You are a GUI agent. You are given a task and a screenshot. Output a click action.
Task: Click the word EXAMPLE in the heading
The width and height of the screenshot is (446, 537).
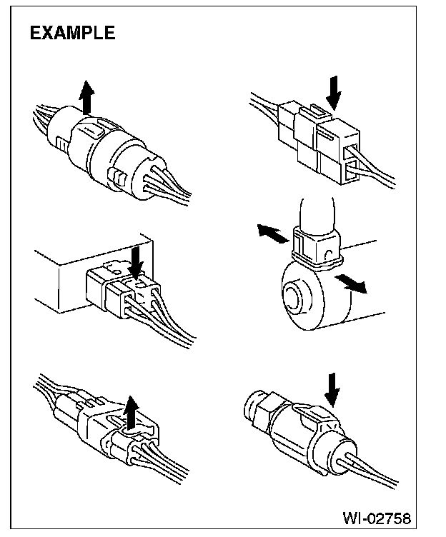[71, 33]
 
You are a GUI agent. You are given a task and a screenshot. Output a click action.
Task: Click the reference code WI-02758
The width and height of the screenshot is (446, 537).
[377, 516]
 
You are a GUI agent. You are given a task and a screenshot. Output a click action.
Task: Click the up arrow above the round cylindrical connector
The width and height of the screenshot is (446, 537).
[87, 98]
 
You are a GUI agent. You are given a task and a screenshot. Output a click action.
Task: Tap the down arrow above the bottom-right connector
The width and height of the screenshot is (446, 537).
[331, 386]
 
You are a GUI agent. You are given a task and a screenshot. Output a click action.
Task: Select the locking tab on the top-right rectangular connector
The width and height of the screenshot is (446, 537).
[314, 113]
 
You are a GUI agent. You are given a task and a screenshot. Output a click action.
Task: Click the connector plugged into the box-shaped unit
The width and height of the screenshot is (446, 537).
[122, 290]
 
